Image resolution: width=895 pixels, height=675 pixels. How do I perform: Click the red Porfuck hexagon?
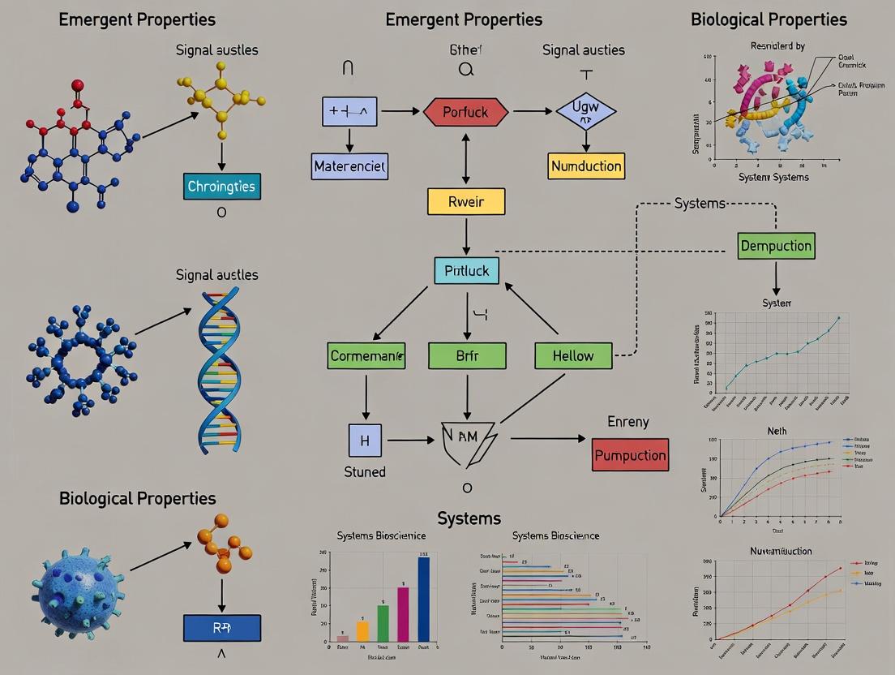click(x=465, y=113)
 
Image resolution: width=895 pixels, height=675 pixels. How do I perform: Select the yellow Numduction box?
click(x=585, y=166)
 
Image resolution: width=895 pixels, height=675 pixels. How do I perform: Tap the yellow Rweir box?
click(x=465, y=201)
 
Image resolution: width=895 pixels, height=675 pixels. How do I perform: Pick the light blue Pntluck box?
click(x=466, y=270)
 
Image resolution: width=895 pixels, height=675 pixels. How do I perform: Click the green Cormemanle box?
click(x=367, y=355)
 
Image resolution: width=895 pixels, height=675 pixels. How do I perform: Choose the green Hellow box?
click(x=573, y=355)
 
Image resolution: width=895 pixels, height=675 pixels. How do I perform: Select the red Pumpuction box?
click(x=630, y=455)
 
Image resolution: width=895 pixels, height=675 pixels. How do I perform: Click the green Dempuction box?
click(x=776, y=245)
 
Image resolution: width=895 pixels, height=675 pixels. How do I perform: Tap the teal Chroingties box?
click(x=221, y=186)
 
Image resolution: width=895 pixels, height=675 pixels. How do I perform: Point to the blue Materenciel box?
click(x=349, y=166)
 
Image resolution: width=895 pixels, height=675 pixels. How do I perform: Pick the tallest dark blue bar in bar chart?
click(x=423, y=599)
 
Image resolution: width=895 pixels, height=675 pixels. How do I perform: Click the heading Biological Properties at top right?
click(x=769, y=19)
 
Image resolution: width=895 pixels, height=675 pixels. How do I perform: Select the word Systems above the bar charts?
click(x=469, y=518)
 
